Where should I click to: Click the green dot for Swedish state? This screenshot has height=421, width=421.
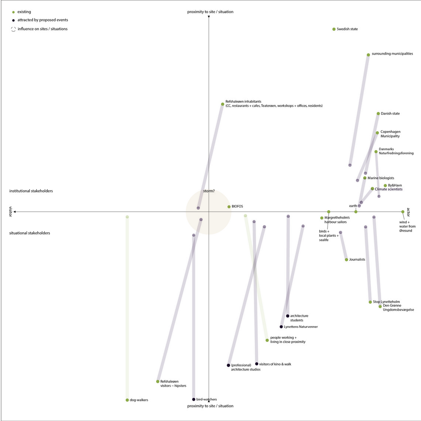coord(334,29)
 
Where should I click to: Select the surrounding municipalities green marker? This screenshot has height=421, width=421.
coord(369,55)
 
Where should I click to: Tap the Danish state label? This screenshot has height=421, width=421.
coord(390,114)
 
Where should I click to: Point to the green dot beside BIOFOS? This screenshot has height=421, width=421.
coord(229,207)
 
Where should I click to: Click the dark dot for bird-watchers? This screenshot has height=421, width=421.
coord(194,399)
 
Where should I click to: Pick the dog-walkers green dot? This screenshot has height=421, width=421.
coord(127,400)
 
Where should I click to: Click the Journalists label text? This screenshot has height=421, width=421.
coord(357,259)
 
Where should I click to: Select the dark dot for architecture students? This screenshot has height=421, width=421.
coord(288,316)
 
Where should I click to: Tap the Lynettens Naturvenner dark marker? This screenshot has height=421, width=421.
coord(281,327)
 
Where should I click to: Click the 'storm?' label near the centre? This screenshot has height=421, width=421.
coord(209,191)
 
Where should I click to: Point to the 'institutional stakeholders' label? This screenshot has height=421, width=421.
coord(31,191)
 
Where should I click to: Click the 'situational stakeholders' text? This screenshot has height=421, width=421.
coord(30,233)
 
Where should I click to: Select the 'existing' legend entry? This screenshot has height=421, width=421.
coord(22,12)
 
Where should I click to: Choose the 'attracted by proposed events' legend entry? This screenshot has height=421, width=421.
coord(40,20)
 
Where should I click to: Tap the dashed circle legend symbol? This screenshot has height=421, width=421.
coord(13,29)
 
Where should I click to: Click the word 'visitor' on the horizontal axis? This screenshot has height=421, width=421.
coord(10,212)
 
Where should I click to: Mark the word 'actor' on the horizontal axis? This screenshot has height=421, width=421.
coord(408,212)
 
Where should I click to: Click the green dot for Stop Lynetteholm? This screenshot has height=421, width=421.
coord(370,302)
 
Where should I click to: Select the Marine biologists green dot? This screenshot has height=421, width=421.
coord(365,178)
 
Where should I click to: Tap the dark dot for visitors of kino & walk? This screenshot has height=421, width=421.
coord(257,364)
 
